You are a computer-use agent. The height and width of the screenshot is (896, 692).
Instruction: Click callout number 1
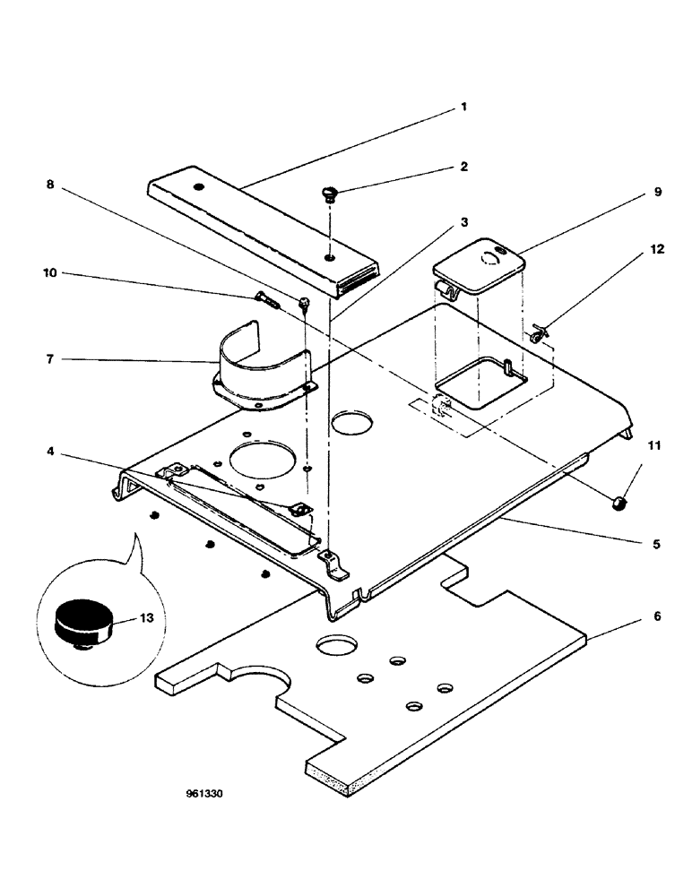coord(463,106)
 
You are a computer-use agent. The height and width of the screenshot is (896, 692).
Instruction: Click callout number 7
coord(49,359)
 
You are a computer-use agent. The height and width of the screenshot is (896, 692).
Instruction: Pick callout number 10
coord(50,271)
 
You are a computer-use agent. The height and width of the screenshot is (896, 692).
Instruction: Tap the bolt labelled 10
coord(267,300)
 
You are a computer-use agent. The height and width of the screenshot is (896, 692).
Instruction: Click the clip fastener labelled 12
coord(537,335)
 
